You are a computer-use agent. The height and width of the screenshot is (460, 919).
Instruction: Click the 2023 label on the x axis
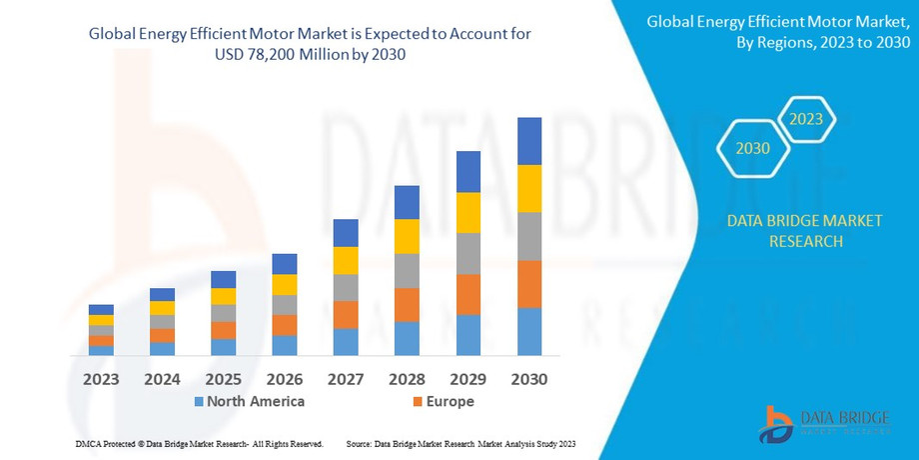coord(101,379)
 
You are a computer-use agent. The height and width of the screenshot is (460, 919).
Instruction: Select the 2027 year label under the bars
coord(346,379)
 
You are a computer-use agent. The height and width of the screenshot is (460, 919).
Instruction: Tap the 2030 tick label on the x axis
coord(529,379)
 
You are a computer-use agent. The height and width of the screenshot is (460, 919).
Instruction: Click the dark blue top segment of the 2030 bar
coord(529,141)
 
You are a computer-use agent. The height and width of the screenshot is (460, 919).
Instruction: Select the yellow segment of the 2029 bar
coord(468,212)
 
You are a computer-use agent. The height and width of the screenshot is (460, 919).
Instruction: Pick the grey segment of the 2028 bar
coord(407,270)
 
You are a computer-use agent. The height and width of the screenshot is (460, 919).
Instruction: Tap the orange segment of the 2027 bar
coord(346,314)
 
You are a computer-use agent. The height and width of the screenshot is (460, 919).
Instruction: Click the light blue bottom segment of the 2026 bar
coord(285,345)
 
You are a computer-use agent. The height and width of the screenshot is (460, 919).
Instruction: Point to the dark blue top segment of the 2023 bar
coord(101,309)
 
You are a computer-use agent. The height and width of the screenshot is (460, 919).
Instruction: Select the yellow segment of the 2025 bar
coord(224,296)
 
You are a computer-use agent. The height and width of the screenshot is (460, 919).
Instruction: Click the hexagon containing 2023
coord(806,119)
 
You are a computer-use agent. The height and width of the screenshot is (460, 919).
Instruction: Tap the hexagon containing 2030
coord(752,148)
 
